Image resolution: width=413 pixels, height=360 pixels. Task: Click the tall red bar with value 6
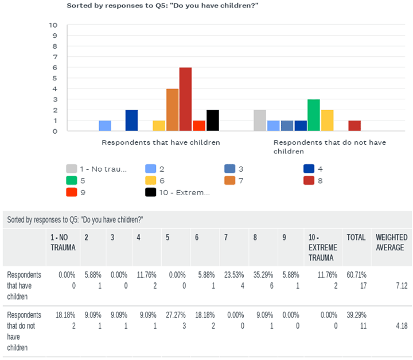tap(185, 99)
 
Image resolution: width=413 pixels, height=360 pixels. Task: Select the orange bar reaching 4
tap(172, 110)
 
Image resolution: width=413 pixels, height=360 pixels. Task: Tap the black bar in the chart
tap(213, 120)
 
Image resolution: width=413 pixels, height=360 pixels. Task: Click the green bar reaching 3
tap(314, 115)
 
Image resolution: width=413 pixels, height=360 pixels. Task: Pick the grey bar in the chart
tap(260, 120)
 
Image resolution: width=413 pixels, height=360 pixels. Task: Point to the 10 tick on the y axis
tap(53, 25)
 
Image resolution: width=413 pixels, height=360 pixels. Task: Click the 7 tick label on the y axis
tap(55, 57)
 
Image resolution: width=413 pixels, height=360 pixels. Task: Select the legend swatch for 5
tap(72, 181)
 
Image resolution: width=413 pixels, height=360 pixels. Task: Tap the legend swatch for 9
tap(72, 192)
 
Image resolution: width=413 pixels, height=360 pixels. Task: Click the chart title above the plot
tap(162, 6)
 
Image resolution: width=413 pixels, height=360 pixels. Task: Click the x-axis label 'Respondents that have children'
tap(161, 142)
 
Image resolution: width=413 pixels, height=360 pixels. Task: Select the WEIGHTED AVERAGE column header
tap(391, 242)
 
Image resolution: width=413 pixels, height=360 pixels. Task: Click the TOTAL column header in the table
tap(356, 237)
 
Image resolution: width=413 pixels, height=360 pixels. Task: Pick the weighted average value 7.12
tap(402, 285)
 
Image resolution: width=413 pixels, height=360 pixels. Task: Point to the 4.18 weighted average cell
tap(402, 326)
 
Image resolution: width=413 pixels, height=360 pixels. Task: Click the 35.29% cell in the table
tap(263, 275)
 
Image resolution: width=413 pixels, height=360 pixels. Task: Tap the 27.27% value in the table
tap(176, 315)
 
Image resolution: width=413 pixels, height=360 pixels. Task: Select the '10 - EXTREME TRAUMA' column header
tap(322, 247)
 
